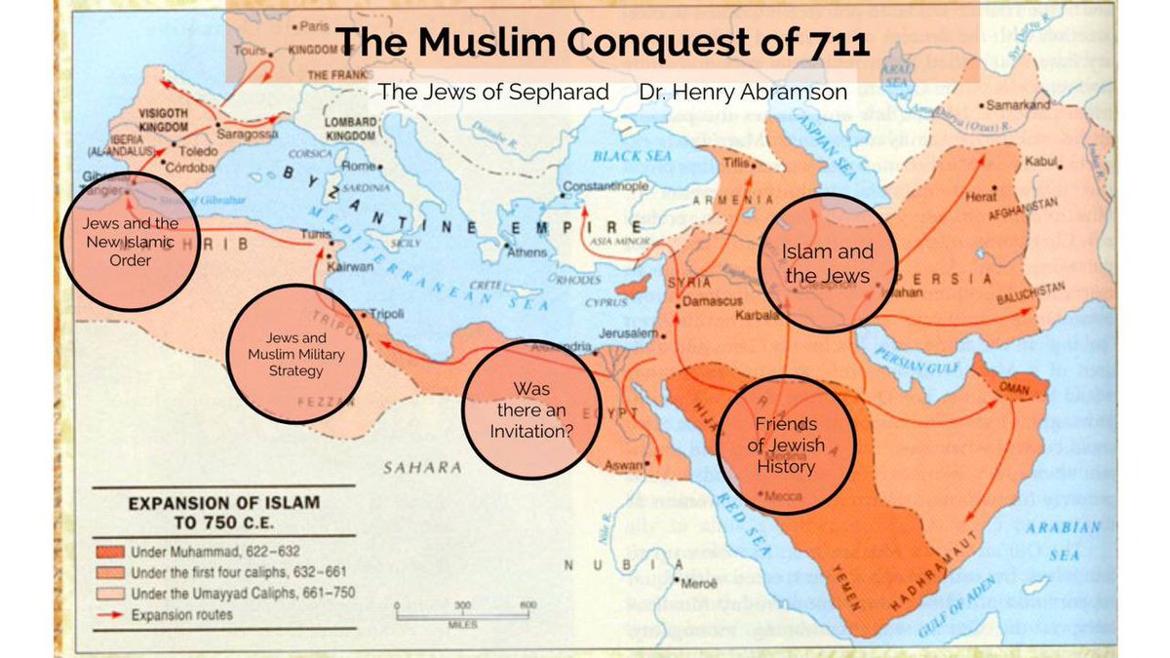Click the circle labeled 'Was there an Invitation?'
tap(529, 409)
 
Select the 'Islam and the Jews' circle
tap(827, 263)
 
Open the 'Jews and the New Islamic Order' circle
tap(131, 241)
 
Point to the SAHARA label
tap(422, 468)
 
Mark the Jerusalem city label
tap(625, 333)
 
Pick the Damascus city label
tap(713, 302)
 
